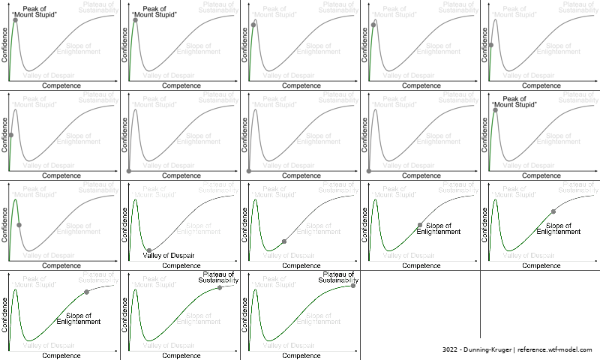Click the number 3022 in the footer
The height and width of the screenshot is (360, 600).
pos(451,350)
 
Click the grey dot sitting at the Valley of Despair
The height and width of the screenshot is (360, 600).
pos(148,250)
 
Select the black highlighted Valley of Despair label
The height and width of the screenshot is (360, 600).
pos(169,256)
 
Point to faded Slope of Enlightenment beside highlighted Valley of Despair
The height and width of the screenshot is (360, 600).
pos(199,229)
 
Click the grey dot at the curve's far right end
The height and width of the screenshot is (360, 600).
pos(353,285)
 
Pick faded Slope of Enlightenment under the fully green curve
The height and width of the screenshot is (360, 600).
pos(319,318)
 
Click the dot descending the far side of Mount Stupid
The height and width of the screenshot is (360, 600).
pos(19,224)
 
